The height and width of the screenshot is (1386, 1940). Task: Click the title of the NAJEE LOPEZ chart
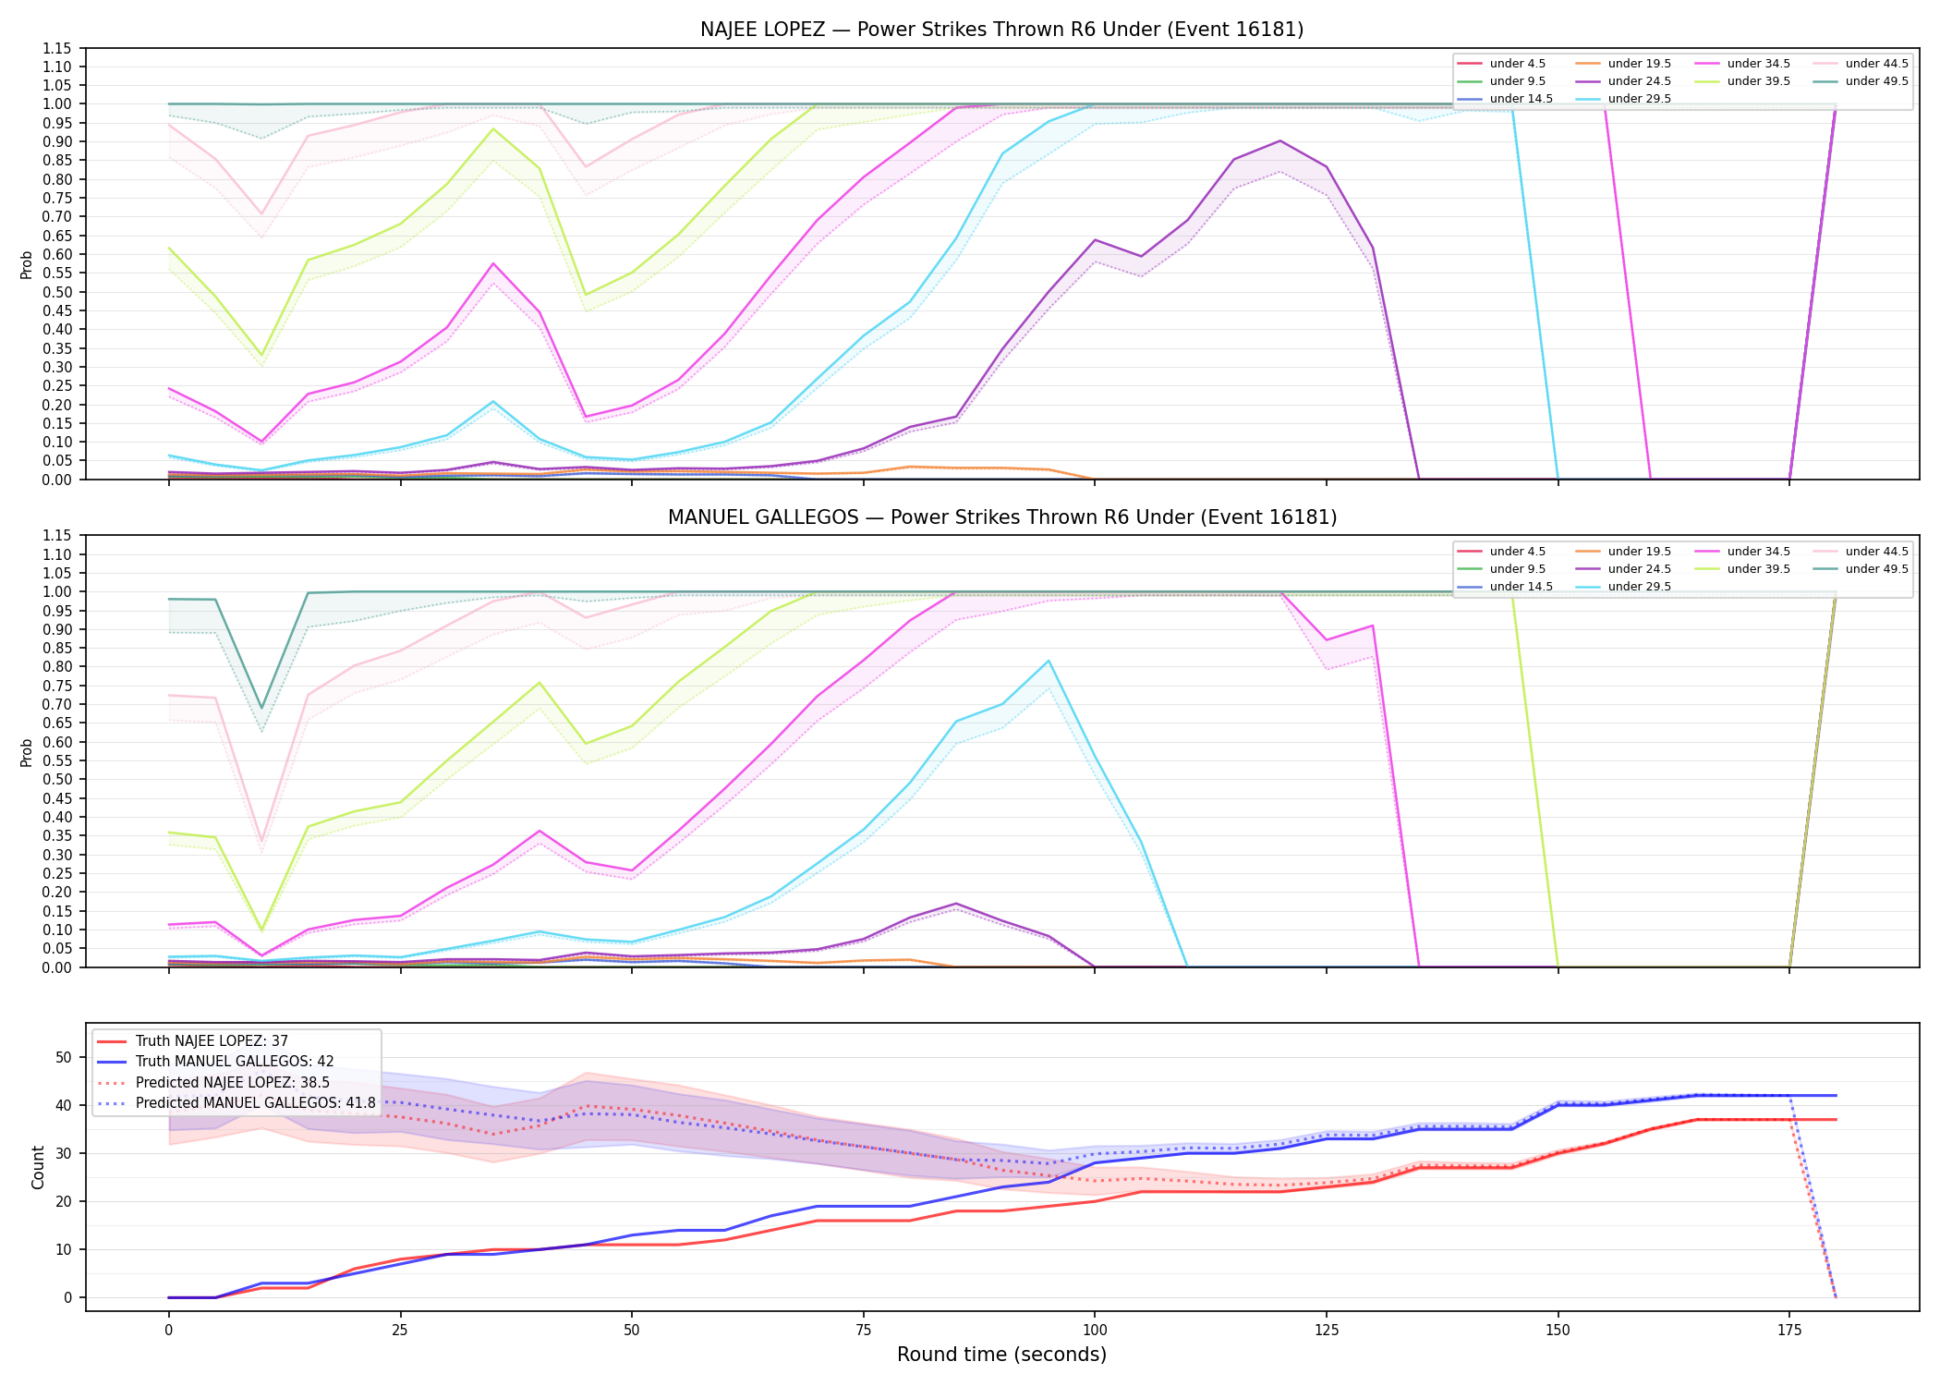tap(1001, 30)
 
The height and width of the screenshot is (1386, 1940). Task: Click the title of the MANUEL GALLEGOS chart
tap(1001, 517)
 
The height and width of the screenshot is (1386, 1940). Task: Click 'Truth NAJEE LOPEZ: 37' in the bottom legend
tap(212, 1041)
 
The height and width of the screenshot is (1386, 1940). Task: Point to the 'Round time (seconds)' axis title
tap(1001, 1355)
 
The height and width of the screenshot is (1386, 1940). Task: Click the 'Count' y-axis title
tap(38, 1167)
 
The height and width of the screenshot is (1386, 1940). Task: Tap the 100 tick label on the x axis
tap(1094, 1331)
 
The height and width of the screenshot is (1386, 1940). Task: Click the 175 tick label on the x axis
tap(1789, 1331)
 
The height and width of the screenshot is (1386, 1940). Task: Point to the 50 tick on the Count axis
tap(64, 1057)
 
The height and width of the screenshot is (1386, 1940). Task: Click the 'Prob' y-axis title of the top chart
tap(27, 265)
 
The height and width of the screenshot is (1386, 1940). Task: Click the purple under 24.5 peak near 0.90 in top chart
tap(1279, 140)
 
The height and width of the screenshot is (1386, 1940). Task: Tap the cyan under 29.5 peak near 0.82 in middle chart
tap(1049, 661)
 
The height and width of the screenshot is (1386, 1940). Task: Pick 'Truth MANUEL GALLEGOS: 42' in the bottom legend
tap(235, 1062)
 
